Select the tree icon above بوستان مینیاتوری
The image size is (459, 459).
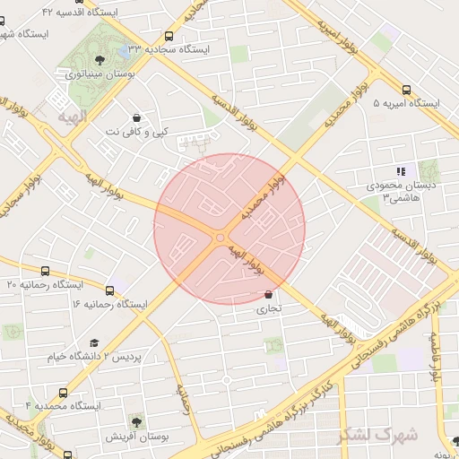click(99, 61)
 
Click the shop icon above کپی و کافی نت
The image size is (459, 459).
click(135, 117)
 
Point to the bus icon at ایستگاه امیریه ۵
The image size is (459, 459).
click(407, 90)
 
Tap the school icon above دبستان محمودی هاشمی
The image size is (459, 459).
click(401, 171)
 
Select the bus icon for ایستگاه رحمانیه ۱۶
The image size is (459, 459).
click(109, 290)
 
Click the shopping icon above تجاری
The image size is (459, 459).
click(269, 294)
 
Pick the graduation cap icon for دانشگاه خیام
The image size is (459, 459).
click(95, 343)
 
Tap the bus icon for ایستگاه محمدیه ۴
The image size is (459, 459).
click(63, 393)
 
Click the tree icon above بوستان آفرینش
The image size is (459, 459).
click(134, 420)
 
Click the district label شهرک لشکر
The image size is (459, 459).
click(377, 435)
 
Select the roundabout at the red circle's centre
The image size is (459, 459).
click(221, 237)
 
